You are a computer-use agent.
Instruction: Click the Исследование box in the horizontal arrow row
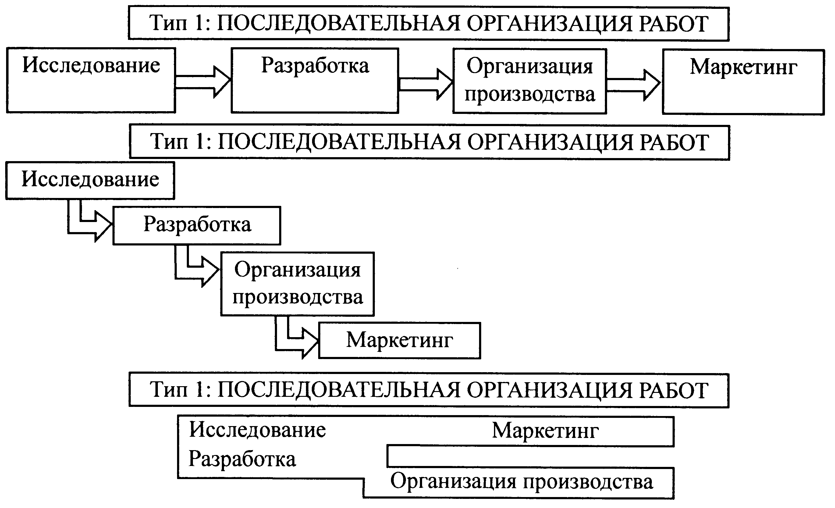(x=91, y=80)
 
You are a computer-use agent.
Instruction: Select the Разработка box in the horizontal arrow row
(x=315, y=81)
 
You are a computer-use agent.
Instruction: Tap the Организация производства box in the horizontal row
(x=530, y=81)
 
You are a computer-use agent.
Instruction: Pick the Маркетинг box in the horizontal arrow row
(x=743, y=82)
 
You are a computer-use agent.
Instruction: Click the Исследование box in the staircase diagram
(x=90, y=180)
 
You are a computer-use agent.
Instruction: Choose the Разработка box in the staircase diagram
(x=197, y=225)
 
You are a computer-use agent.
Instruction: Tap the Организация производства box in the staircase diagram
(x=297, y=284)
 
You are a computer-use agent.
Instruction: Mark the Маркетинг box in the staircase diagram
(x=400, y=340)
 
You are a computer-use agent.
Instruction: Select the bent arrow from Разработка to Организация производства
(x=196, y=271)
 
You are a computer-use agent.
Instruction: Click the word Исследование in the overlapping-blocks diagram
(x=257, y=430)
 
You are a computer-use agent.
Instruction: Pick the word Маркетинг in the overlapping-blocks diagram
(x=545, y=431)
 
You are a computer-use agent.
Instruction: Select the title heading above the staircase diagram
(x=429, y=142)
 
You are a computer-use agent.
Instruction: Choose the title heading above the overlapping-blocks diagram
(x=429, y=390)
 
